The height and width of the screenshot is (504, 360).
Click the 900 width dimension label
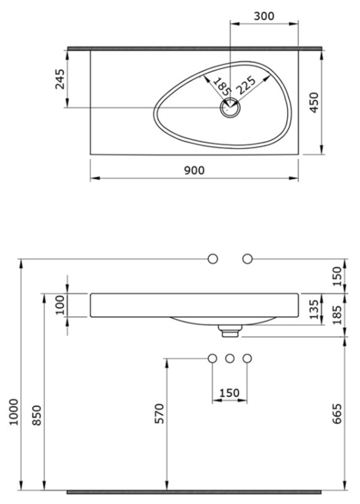(194, 170)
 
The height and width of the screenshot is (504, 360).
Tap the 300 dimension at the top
(264, 16)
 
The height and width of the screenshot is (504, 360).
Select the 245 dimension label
(60, 79)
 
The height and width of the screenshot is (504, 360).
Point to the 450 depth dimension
(314, 102)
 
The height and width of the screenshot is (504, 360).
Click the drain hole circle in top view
(230, 108)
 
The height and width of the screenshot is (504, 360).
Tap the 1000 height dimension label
(14, 412)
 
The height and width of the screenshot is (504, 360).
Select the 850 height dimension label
(37, 415)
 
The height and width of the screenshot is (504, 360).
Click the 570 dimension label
(160, 413)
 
